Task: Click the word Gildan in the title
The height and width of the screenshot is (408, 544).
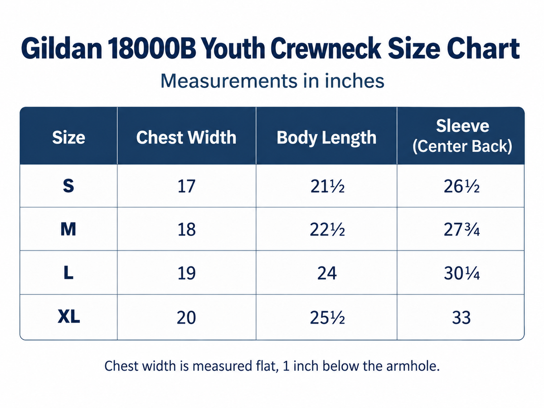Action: (62, 49)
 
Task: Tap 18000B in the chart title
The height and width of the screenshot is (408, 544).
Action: (152, 49)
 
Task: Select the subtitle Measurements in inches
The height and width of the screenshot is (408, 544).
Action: (272, 81)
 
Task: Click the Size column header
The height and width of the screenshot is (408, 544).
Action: (68, 137)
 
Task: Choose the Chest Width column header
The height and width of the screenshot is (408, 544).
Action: (186, 137)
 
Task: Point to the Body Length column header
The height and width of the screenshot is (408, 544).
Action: (326, 138)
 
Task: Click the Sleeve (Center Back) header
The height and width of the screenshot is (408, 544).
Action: (462, 136)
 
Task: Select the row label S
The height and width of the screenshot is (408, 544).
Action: (68, 186)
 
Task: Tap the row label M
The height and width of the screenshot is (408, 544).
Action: (68, 229)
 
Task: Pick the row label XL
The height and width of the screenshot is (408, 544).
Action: (68, 316)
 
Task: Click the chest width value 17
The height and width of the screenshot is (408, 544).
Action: (186, 186)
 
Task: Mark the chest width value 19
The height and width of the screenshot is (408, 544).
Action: (186, 273)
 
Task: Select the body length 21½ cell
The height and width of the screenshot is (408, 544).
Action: (327, 186)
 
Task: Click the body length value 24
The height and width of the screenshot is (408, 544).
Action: (327, 273)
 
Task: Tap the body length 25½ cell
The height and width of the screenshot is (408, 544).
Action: (327, 318)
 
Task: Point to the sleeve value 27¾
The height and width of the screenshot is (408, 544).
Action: (461, 230)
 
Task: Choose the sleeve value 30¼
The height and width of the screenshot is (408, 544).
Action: (461, 273)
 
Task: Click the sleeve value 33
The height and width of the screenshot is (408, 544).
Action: (461, 318)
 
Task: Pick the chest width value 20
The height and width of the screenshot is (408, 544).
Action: (186, 318)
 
